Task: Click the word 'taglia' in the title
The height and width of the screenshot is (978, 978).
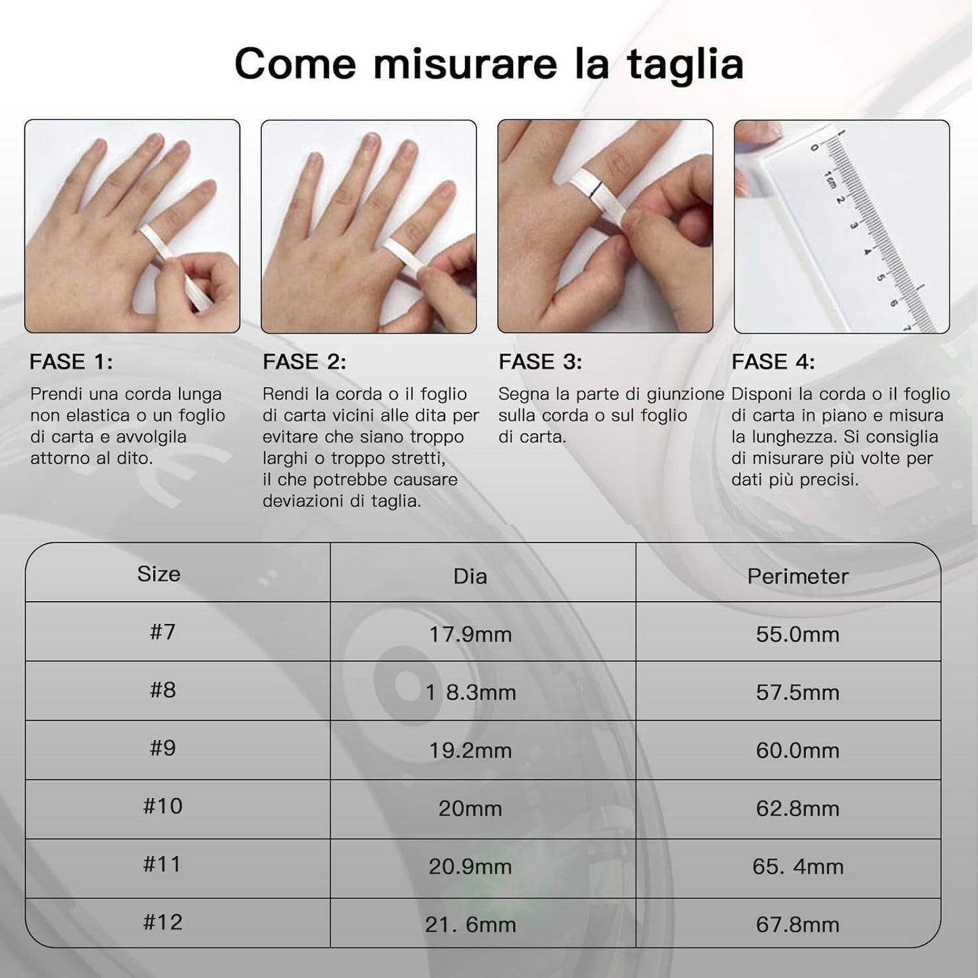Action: tap(685, 64)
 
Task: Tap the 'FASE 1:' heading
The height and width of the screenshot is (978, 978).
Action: tap(71, 362)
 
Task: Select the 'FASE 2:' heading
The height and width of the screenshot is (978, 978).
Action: tap(305, 362)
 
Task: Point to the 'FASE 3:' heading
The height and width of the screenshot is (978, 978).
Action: tap(540, 362)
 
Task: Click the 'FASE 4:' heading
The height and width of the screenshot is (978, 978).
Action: tap(773, 362)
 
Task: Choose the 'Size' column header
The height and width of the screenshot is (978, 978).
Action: tap(159, 574)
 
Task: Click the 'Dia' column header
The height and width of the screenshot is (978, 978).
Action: tap(470, 577)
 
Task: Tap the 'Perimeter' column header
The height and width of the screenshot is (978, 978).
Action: tap(797, 577)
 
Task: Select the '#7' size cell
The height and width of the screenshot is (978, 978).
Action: tap(163, 631)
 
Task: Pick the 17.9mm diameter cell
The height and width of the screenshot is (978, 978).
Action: tap(470, 635)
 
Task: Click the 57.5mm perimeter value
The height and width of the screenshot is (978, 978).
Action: tap(797, 692)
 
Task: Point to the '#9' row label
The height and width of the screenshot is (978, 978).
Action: tap(163, 748)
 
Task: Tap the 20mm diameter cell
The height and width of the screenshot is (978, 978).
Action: tap(470, 809)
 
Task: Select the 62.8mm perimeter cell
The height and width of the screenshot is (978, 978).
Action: tap(797, 809)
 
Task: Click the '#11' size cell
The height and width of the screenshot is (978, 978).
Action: tap(162, 864)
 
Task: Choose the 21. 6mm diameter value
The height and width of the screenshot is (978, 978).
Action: tap(470, 925)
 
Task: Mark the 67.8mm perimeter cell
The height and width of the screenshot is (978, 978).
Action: tap(797, 925)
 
